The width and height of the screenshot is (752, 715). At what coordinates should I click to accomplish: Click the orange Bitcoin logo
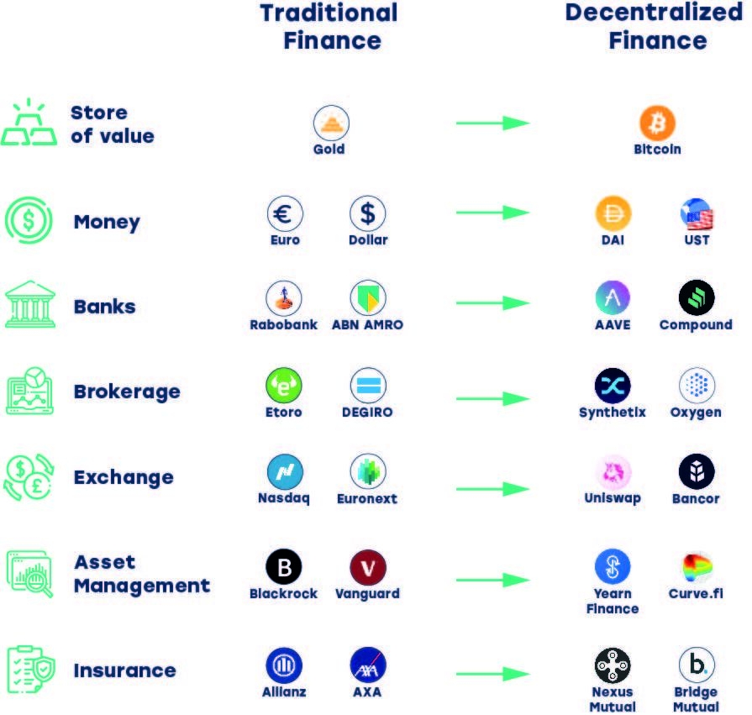657,124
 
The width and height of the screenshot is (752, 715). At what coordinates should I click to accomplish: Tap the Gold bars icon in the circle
331,124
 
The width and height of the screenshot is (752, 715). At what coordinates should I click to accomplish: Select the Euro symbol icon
285,213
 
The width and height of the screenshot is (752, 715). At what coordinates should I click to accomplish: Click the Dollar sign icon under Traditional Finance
368,213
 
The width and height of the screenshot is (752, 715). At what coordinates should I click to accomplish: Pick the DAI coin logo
613,213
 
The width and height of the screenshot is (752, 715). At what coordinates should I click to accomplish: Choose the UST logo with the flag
697,215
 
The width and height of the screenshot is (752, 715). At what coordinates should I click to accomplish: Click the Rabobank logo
284,297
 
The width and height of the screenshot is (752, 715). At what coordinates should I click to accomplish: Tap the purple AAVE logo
613,297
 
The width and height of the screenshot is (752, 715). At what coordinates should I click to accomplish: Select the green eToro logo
284,386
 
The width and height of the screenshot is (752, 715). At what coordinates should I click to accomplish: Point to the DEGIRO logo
368,386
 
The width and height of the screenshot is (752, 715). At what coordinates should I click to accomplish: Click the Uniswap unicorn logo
613,471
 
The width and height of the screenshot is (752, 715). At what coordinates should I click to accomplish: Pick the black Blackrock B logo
284,568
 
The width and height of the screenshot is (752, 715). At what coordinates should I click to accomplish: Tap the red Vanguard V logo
368,568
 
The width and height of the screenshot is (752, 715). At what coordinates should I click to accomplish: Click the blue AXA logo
368,665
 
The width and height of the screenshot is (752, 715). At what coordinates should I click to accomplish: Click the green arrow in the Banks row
492,301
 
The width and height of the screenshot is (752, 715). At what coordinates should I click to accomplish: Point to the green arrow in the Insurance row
492,673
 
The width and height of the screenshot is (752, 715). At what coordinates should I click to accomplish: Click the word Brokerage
127,392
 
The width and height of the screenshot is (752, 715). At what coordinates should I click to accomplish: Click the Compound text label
696,325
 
